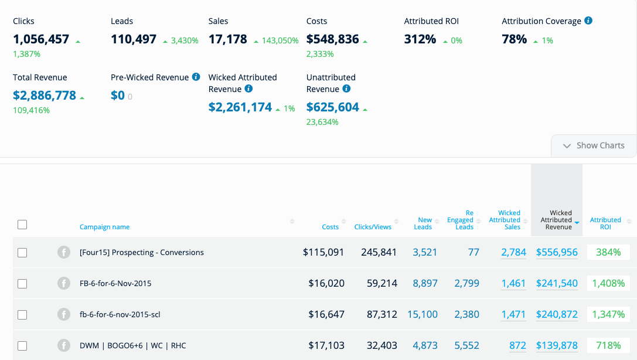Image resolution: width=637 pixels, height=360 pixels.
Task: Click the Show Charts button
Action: tap(594, 145)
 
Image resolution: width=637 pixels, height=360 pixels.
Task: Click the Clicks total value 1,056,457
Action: tap(41, 39)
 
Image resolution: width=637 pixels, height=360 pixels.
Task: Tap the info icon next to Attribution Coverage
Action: tap(588, 21)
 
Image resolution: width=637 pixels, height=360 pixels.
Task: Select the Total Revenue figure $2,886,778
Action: tap(45, 96)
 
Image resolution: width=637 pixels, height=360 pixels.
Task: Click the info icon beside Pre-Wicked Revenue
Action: tap(196, 77)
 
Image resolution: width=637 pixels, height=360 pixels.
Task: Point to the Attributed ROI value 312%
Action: tap(420, 39)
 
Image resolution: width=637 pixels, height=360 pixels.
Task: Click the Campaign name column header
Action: tap(104, 227)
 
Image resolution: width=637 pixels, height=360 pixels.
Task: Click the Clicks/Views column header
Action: tap(373, 227)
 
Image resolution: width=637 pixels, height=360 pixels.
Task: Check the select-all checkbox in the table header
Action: tap(22, 225)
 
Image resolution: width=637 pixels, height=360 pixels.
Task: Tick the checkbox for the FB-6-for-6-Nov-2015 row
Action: tap(22, 284)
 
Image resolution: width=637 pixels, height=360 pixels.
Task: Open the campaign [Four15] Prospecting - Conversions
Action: tap(142, 253)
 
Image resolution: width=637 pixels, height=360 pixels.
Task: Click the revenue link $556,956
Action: tap(557, 253)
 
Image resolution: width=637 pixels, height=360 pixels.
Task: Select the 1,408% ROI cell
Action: tap(608, 284)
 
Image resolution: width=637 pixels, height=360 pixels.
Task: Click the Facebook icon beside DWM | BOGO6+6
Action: tap(64, 345)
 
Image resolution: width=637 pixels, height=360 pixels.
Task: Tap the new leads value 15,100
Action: tap(423, 315)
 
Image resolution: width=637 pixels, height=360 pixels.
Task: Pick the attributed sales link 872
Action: tap(517, 346)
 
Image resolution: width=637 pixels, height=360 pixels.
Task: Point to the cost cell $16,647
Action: tap(326, 315)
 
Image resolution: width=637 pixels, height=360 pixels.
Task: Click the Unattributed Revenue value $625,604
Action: tap(333, 107)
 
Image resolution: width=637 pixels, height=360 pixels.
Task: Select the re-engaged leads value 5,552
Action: tap(466, 346)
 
